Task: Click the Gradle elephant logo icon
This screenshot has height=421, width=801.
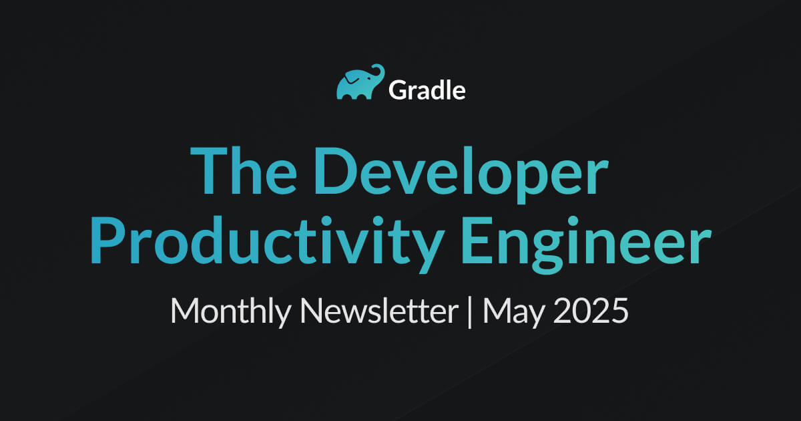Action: (x=360, y=82)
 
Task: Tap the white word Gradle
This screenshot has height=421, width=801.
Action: (x=427, y=90)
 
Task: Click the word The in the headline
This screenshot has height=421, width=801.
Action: (x=244, y=170)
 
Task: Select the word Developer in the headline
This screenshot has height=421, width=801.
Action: (x=461, y=174)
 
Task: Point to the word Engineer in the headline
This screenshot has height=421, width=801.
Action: (x=587, y=244)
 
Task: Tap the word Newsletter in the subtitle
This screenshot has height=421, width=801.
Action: (x=379, y=311)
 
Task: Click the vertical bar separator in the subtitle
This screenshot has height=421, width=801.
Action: (x=470, y=312)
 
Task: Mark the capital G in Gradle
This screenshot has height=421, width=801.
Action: (x=398, y=90)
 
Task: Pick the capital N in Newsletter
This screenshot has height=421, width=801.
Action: (x=312, y=311)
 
